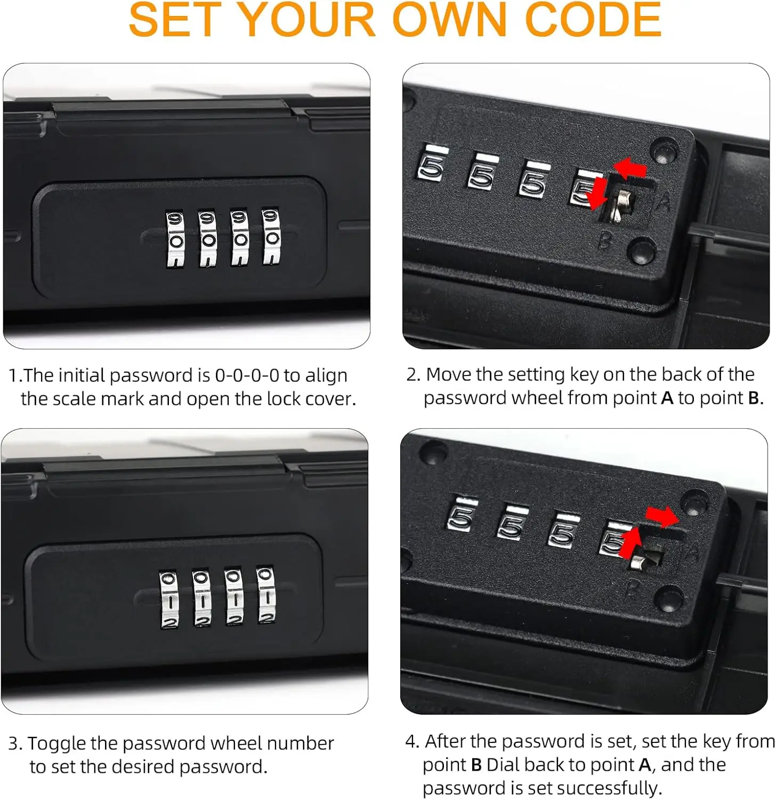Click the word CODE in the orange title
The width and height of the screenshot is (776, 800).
(x=593, y=20)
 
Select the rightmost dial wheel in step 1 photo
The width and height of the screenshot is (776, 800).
(x=271, y=237)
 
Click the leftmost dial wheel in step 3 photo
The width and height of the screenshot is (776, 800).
(x=169, y=599)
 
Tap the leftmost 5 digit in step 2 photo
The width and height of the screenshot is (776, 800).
(x=431, y=167)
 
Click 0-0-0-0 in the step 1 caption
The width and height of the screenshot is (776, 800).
(x=247, y=375)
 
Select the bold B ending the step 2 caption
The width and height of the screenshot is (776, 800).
(x=754, y=398)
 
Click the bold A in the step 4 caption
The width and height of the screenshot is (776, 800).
(x=645, y=765)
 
